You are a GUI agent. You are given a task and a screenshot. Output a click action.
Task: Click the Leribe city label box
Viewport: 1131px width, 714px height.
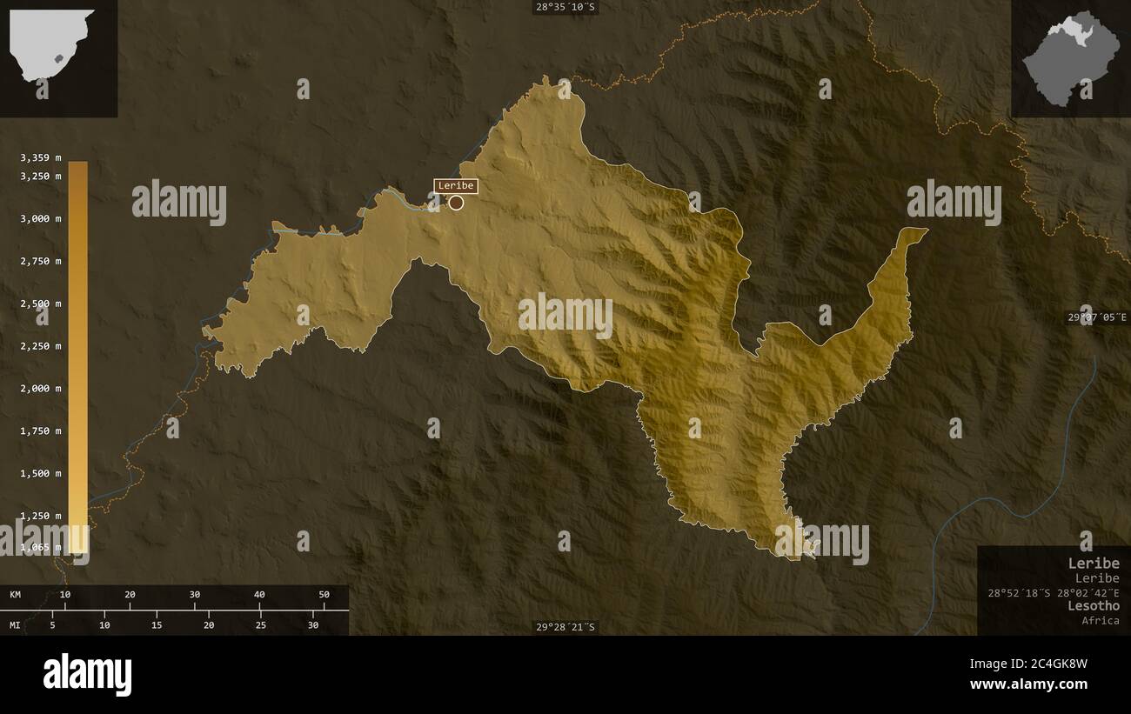(456, 185)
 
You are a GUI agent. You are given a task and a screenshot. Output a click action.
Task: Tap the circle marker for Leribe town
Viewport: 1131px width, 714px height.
(456, 203)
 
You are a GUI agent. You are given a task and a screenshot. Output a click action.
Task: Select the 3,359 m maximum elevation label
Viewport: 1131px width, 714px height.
(41, 157)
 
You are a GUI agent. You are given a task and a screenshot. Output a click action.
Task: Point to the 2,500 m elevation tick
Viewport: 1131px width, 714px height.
(41, 304)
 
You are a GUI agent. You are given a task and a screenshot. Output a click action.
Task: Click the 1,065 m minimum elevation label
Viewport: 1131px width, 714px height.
(41, 547)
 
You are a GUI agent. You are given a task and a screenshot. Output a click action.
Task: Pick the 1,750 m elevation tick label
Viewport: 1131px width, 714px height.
(41, 430)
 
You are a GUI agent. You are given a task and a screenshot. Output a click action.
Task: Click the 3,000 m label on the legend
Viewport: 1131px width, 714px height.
(41, 218)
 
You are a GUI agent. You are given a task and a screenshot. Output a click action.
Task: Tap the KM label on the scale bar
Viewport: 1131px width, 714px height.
(15, 595)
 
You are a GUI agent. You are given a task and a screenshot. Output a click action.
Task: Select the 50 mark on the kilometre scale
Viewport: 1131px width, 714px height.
(324, 595)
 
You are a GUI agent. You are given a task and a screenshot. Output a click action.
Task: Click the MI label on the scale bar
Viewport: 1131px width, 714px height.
(15, 624)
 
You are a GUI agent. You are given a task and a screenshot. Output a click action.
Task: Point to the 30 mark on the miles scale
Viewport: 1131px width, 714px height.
(313, 624)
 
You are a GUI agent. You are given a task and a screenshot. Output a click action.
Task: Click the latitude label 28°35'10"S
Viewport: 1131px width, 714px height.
(566, 7)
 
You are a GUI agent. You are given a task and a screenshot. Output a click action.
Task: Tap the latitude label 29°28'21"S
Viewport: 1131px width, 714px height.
(566, 627)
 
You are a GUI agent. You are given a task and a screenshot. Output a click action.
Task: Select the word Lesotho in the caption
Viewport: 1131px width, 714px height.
(1094, 605)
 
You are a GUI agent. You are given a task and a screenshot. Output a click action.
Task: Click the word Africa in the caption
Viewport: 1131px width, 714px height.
(1101, 620)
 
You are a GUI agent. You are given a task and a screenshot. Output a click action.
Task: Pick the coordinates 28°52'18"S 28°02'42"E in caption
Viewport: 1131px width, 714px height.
(1054, 592)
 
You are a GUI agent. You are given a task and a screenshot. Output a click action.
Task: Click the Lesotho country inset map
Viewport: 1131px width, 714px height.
(1070, 58)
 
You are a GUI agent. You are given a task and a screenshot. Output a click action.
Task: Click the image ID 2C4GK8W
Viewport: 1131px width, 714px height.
(1056, 664)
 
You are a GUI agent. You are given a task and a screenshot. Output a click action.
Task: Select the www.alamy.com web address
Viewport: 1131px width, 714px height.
(1028, 684)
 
